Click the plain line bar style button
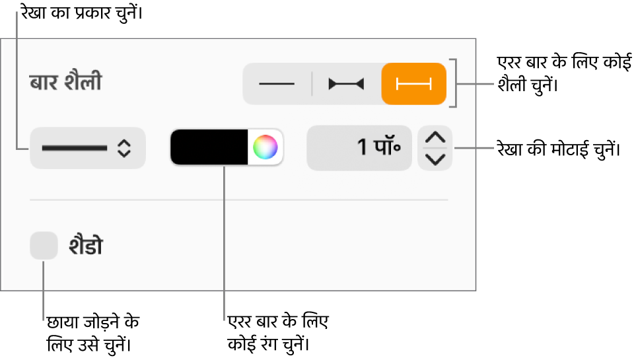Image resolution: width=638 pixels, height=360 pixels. (x=277, y=84)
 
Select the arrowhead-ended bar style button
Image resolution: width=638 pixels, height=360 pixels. (x=346, y=84)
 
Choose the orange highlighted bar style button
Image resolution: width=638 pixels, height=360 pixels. (x=414, y=84)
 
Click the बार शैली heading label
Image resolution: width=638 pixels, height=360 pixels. (x=66, y=82)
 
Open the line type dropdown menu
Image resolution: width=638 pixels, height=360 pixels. (x=88, y=148)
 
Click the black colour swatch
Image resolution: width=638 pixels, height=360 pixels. (x=209, y=147)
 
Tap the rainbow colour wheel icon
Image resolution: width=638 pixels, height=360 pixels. (x=266, y=147)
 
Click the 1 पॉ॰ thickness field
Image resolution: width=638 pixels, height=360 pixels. (x=359, y=148)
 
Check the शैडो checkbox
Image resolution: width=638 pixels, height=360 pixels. (x=44, y=245)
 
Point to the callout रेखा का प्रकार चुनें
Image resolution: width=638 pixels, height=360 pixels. (x=82, y=13)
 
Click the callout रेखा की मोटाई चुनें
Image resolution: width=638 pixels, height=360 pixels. (x=559, y=149)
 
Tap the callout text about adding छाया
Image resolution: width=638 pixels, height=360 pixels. (x=93, y=333)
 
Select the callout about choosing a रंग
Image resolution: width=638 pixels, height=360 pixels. (x=278, y=333)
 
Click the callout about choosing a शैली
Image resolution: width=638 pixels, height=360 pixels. (x=564, y=73)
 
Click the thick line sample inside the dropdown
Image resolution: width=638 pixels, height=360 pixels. (x=75, y=148)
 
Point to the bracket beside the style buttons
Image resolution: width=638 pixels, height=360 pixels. (x=455, y=83)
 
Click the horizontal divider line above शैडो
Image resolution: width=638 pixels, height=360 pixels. (x=239, y=199)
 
